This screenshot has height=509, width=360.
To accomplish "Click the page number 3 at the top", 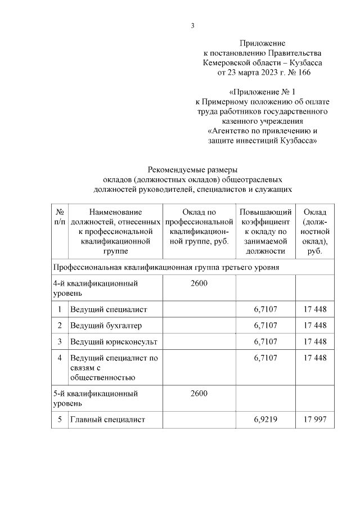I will point(192,25).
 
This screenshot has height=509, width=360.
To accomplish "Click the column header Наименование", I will point(115,212).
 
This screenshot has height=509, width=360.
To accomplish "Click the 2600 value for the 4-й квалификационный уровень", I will point(199,283).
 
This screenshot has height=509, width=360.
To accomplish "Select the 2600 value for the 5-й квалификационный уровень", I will point(199,393).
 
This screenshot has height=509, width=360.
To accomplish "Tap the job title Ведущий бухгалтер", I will point(106,326).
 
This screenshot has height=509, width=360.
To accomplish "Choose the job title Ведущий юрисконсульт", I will point(114,341).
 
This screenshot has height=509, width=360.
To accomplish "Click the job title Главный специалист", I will point(107,419).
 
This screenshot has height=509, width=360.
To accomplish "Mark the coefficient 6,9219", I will point(265,419).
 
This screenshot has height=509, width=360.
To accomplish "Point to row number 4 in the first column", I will point(60,357).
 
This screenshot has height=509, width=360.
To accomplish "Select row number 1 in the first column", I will point(60,309).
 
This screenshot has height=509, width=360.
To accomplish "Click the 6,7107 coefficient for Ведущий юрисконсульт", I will point(265,341).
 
